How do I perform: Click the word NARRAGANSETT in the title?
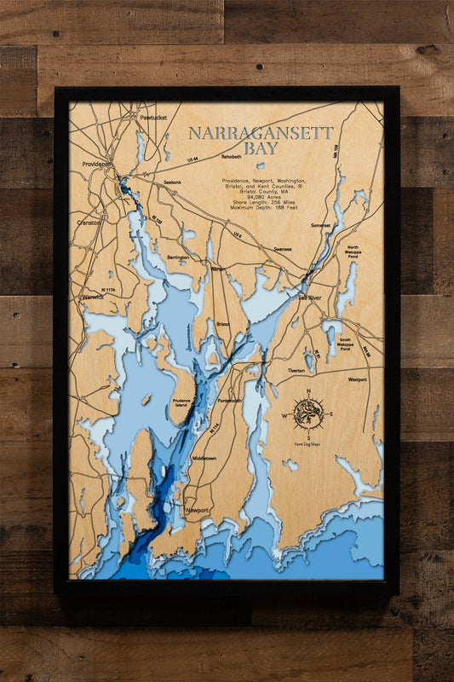click(x=260, y=133)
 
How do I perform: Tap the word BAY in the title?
click(x=260, y=148)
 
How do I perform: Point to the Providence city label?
click(x=96, y=164)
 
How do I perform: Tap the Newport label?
click(x=198, y=510)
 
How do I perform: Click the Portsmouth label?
click(x=230, y=400)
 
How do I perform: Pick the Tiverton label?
click(x=320, y=371)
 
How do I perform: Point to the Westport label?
click(x=358, y=379)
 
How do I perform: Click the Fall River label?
click(x=308, y=297)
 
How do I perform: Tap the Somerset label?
click(x=321, y=225)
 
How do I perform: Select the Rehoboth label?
click(x=232, y=157)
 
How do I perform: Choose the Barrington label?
click(x=178, y=257)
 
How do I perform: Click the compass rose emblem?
click(x=307, y=413)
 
